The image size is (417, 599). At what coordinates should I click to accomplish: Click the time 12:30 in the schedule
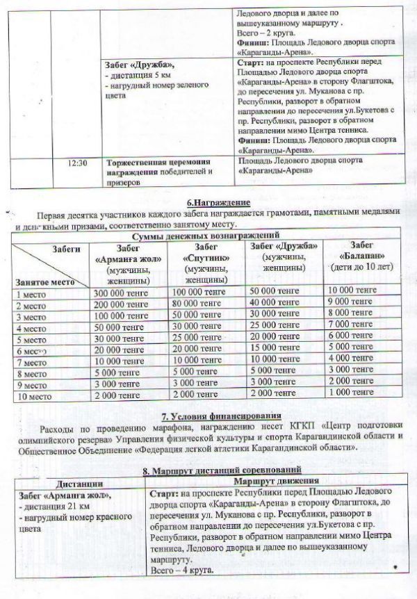click(x=79, y=164)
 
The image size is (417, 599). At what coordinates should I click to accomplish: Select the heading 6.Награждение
click(x=209, y=202)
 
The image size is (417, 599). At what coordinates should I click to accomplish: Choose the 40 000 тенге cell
click(x=270, y=305)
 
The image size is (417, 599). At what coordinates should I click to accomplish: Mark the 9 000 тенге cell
click(x=350, y=305)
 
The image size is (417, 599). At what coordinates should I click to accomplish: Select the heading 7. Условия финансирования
click(x=208, y=419)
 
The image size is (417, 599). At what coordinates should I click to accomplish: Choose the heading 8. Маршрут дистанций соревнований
click(x=208, y=471)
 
